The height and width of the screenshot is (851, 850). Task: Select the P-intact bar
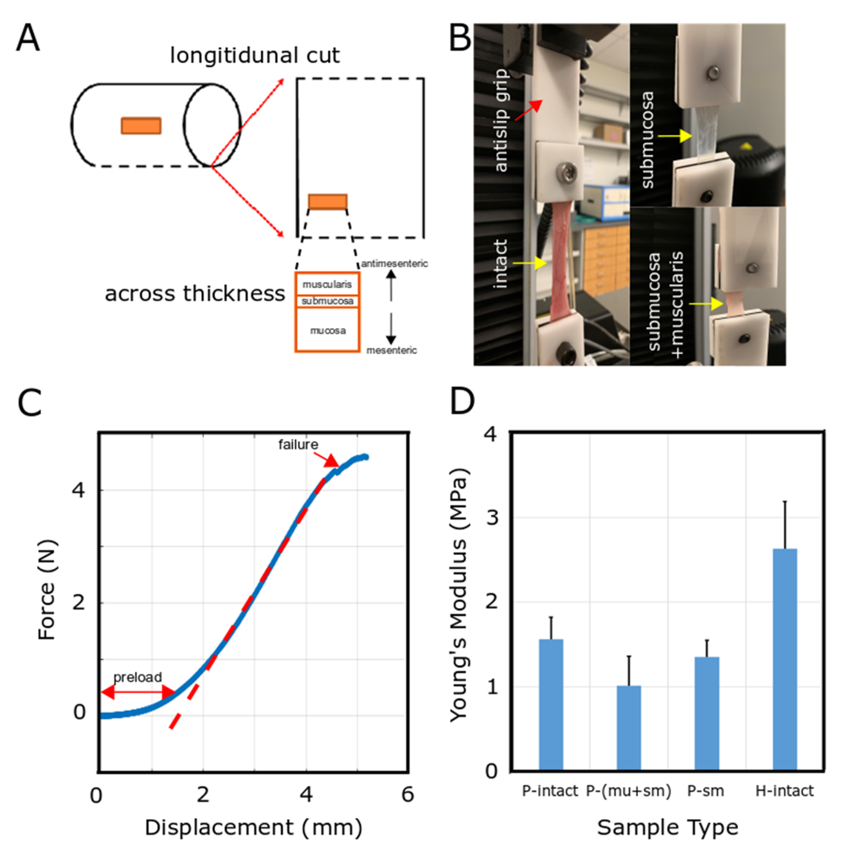coord(551,705)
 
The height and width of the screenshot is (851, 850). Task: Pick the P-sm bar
coord(706,713)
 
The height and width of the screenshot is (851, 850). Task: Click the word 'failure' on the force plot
coord(298,445)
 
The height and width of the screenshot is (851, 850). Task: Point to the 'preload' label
coord(138,677)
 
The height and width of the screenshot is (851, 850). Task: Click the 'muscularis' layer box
coord(327,285)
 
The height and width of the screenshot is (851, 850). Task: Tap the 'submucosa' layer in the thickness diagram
coord(327,301)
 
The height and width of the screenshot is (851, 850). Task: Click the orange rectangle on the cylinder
coord(141,126)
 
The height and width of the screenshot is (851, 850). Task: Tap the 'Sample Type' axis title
coord(667,828)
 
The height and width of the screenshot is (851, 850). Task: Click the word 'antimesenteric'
coord(394,264)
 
